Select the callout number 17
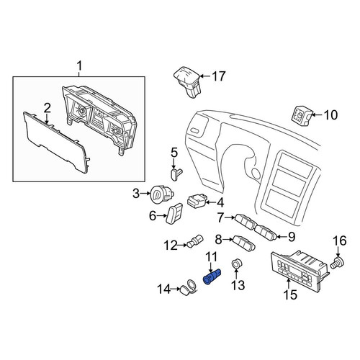pyautogui.click(x=218, y=76)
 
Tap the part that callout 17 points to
pyautogui.click(x=188, y=81)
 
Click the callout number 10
pyautogui.click(x=330, y=115)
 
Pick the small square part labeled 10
pyautogui.click(x=302, y=116)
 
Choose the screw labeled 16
pyautogui.click(x=338, y=264)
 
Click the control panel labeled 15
pyautogui.click(x=299, y=271)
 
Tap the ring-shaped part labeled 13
pyautogui.click(x=236, y=264)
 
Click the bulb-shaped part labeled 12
pyautogui.click(x=195, y=241)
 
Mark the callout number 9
pyautogui.click(x=292, y=237)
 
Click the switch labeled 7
pyautogui.click(x=245, y=222)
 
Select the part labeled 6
pyautogui.click(x=174, y=214)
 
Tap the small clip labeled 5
pyautogui.click(x=176, y=174)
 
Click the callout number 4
pyautogui.click(x=220, y=203)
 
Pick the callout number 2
pyautogui.click(x=47, y=108)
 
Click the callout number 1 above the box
pyautogui.click(x=79, y=66)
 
